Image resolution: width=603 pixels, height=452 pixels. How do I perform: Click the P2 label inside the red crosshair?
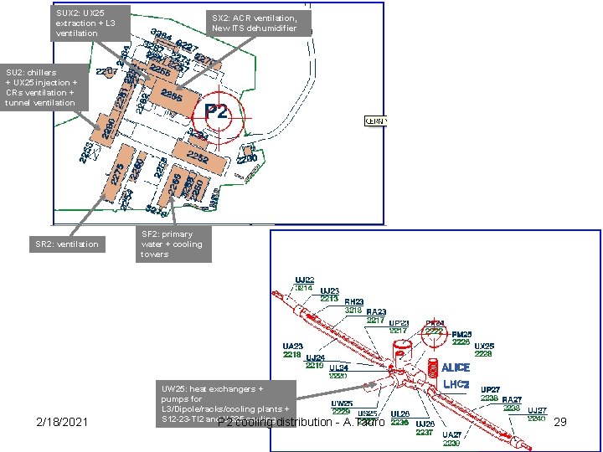coord(216,111)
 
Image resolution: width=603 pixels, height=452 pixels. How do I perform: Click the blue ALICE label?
coord(456,367)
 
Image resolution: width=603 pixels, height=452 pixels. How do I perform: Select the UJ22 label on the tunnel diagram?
coord(304,280)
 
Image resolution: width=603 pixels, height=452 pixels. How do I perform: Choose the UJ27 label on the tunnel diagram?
coord(537,410)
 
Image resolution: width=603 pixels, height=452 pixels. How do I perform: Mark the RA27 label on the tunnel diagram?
coord(512,400)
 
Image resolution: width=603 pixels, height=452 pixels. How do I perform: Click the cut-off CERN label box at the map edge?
coord(374,121)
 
